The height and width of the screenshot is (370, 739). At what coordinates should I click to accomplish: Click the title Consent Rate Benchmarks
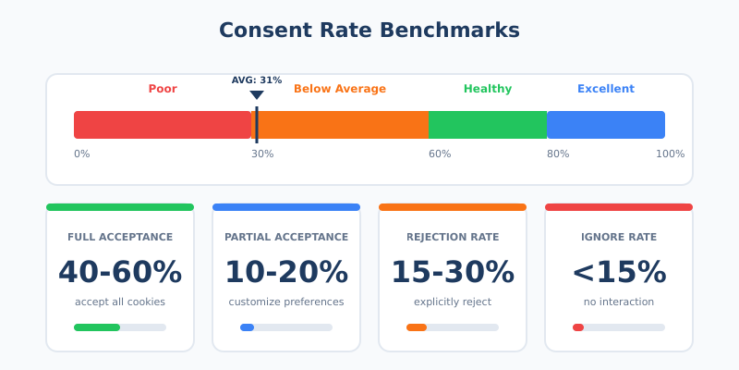(x=369, y=31)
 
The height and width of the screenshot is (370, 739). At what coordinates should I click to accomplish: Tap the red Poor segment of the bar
(x=162, y=125)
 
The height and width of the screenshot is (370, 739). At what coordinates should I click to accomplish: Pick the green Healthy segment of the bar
(x=488, y=125)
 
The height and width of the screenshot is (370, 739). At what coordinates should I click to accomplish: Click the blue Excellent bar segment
(x=606, y=125)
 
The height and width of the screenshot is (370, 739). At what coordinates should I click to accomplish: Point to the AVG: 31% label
(x=257, y=80)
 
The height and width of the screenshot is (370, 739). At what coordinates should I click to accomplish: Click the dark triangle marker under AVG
(x=257, y=94)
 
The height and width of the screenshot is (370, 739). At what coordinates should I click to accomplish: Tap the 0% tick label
(x=82, y=154)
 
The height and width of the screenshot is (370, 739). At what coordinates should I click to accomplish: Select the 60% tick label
(x=440, y=154)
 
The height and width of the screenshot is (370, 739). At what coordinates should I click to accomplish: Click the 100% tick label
(x=670, y=154)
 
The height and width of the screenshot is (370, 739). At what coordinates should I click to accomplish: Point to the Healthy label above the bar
(x=488, y=89)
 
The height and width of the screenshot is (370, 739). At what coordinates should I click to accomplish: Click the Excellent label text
(x=606, y=89)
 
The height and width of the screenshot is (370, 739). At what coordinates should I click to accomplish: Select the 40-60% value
(x=120, y=272)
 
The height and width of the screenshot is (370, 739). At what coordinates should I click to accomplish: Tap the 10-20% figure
(x=286, y=272)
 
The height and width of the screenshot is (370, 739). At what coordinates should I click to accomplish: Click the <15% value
(x=619, y=272)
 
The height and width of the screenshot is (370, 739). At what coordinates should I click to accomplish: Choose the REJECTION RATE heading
(x=453, y=238)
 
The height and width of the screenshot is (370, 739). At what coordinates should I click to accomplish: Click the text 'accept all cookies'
(x=120, y=302)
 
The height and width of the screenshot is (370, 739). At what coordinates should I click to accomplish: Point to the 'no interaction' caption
(x=619, y=302)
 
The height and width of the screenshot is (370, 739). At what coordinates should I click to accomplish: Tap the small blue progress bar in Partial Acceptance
(x=247, y=327)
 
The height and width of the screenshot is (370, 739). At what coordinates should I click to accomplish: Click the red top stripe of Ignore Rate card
(x=619, y=207)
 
